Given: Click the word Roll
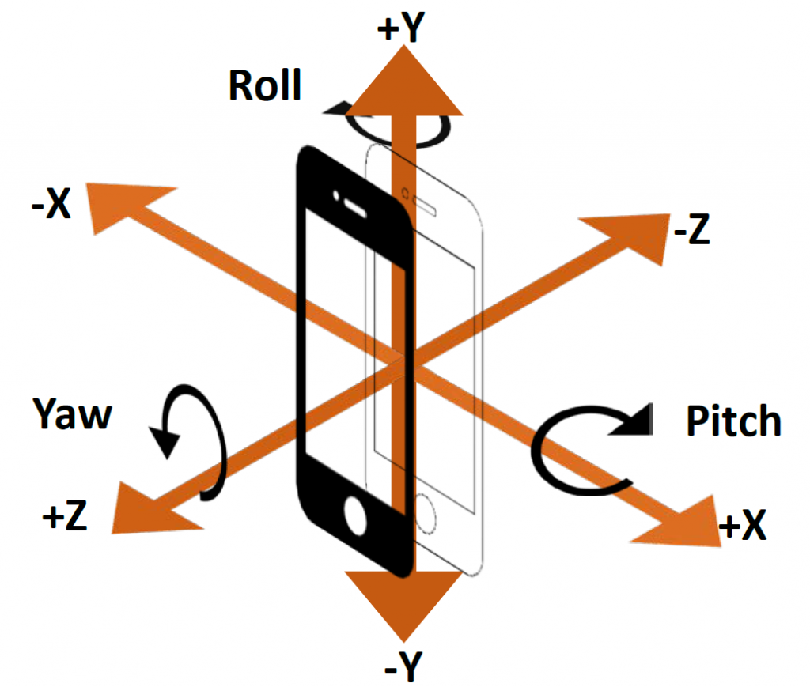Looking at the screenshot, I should coord(265,85).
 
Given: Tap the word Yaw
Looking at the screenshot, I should coord(73,413).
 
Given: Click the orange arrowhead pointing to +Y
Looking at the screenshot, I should coord(405,79).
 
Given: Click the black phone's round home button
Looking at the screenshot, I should coord(356,518).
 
